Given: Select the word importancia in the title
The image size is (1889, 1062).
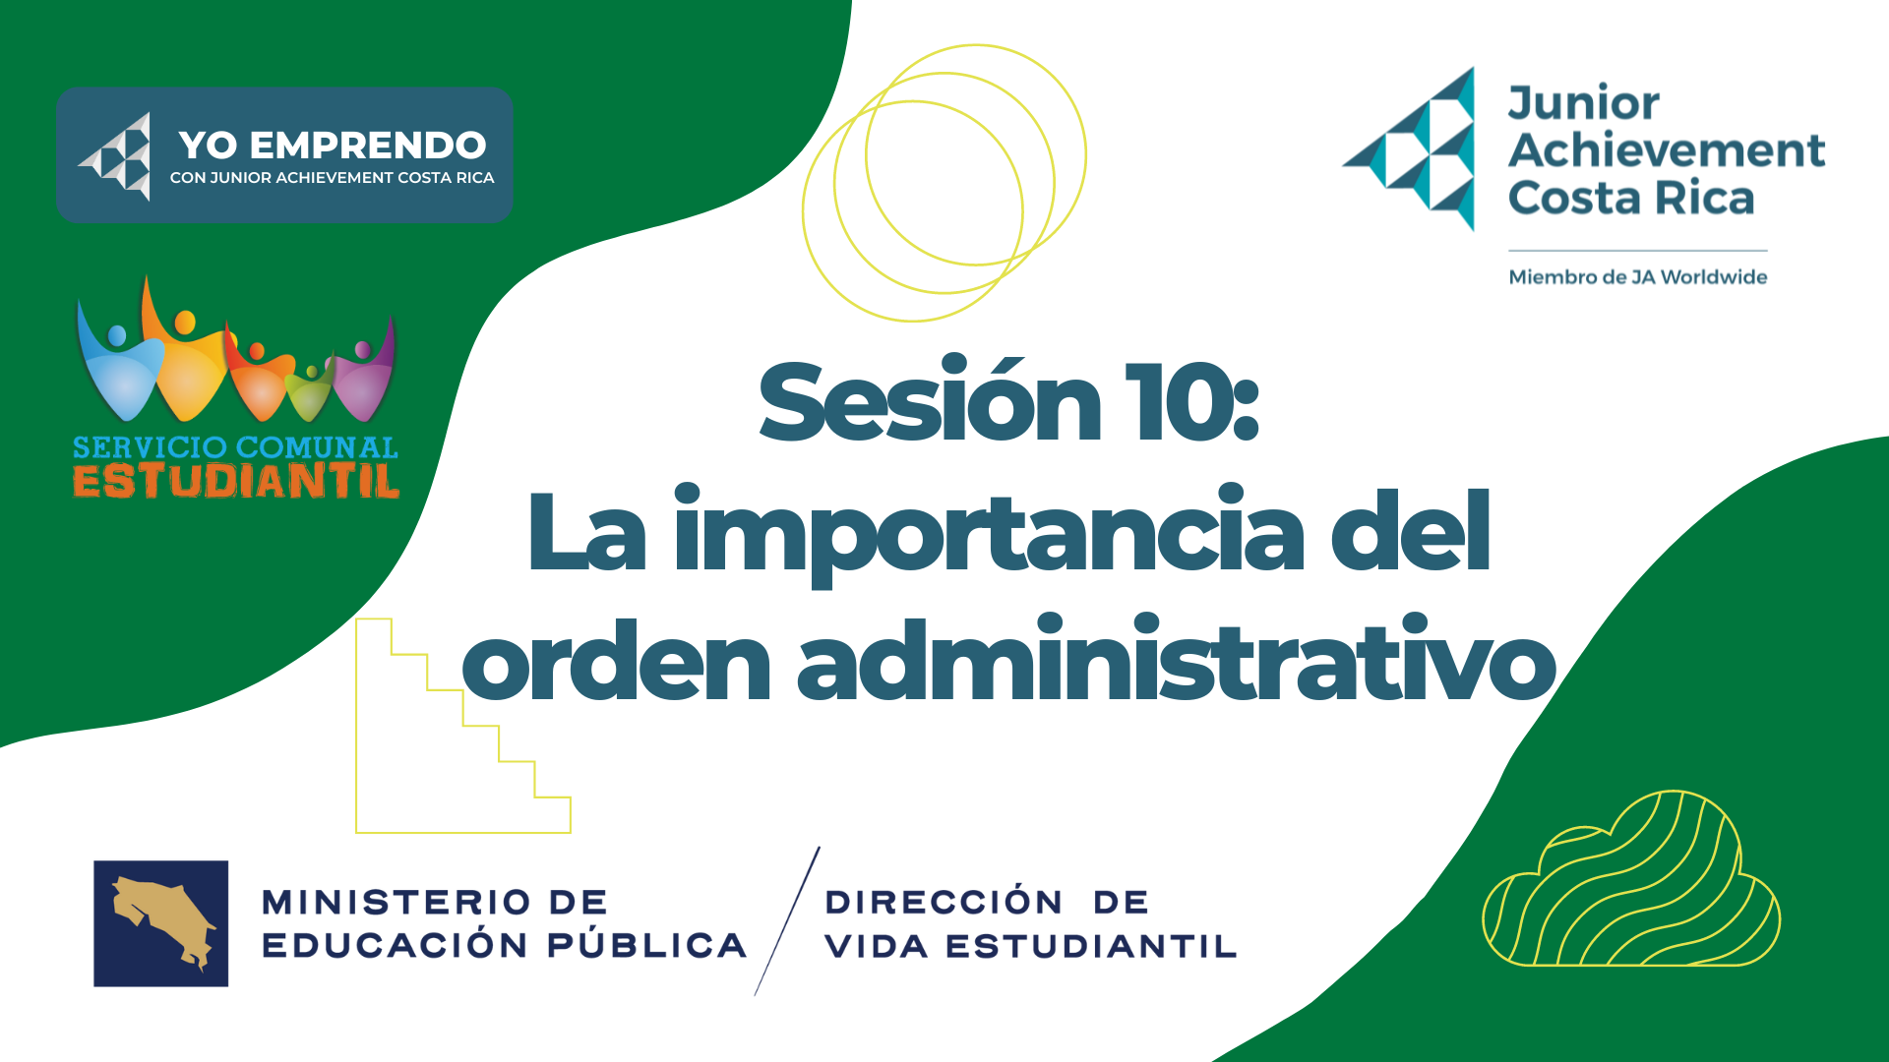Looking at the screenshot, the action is point(989,534).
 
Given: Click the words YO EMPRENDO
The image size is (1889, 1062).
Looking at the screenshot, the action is point(333,146).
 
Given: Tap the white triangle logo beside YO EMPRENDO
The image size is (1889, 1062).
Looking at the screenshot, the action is point(115,155).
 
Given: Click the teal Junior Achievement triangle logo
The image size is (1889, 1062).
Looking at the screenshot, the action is point(1409,149).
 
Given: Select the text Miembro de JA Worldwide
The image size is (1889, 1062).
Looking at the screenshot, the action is point(1638,277).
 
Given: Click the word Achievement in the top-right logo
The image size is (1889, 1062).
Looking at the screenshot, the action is point(1667,150).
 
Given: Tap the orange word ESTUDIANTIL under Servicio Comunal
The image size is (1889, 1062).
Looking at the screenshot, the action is point(236,481).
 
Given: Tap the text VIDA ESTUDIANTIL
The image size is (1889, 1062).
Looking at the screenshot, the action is point(1031,946).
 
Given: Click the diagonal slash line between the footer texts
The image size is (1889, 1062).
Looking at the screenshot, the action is point(787,921).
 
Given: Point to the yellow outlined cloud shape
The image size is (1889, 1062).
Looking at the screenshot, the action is point(1631,878).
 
